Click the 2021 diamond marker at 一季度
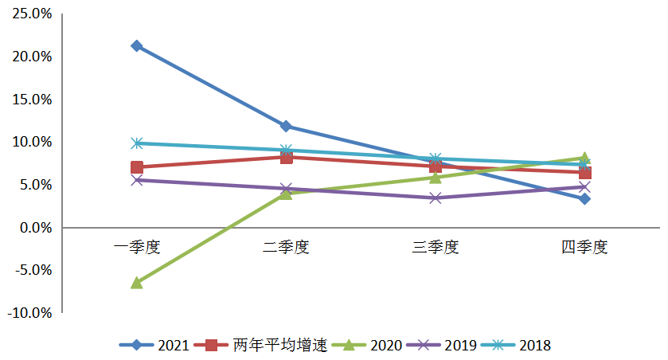tap(137, 46)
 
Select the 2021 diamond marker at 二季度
tap(286, 126)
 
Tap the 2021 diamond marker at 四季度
tap(584, 198)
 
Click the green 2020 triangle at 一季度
tap(137, 282)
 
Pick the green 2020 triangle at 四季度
tap(584, 158)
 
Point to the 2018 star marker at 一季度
tap(137, 143)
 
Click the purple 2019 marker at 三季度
tap(436, 198)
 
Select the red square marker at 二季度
tap(286, 157)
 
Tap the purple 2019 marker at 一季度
tap(137, 180)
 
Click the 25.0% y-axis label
tap(31, 14)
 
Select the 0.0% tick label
tap(34, 228)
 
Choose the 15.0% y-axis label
tap(31, 100)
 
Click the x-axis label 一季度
tap(137, 247)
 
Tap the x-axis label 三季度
tap(436, 247)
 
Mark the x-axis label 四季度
tap(584, 247)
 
